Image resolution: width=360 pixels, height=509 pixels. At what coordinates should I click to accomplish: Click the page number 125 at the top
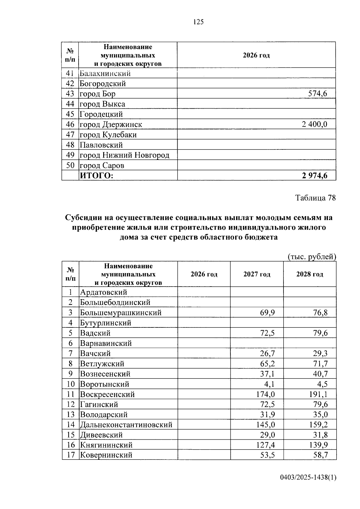[199, 22]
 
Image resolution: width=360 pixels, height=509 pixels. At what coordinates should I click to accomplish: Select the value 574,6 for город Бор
[317, 94]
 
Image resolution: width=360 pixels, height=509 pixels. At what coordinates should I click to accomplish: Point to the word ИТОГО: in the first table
[96, 176]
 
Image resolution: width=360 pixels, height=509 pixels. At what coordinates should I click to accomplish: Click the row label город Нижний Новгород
[124, 155]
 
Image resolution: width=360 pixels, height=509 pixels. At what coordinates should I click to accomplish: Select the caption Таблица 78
[315, 198]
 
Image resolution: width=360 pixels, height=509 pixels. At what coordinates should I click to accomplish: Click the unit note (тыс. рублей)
[312, 257]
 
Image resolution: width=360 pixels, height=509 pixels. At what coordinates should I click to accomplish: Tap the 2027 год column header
[257, 274]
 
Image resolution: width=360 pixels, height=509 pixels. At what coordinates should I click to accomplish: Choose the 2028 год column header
[310, 274]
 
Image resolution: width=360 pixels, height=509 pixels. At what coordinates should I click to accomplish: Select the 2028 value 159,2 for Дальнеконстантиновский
[318, 425]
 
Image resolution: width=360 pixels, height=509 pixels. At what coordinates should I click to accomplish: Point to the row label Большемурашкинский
[121, 313]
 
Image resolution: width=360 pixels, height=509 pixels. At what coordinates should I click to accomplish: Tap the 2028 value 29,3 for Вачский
[320, 353]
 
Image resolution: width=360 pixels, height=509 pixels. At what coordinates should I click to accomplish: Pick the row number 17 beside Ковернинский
[70, 455]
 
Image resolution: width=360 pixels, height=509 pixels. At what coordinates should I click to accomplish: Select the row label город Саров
[102, 165]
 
